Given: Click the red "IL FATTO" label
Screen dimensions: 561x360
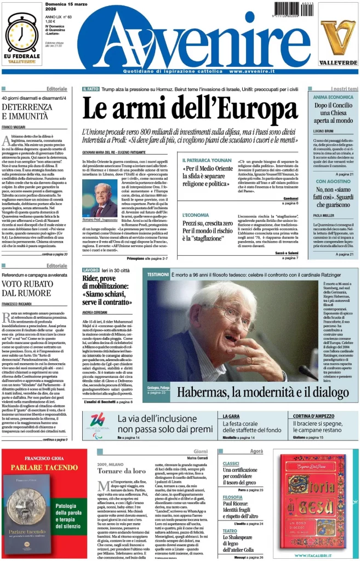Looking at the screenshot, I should coord(90,89).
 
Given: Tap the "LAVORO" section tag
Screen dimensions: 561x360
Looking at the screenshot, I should coord(90,270).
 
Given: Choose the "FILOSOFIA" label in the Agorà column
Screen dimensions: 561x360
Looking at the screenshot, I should coord(233,497).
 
